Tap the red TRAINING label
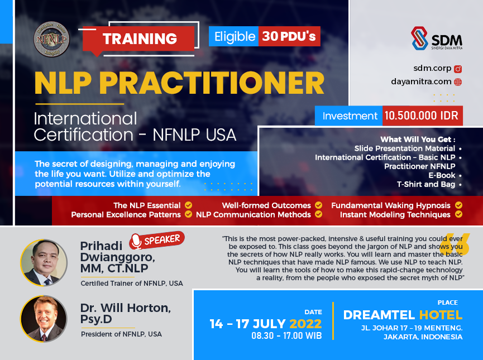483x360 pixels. point(140,39)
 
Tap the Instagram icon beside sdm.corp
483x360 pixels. point(457,69)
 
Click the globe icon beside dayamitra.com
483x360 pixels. point(457,82)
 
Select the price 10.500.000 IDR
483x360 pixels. point(422,116)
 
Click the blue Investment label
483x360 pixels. point(350,116)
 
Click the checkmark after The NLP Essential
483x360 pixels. point(189,205)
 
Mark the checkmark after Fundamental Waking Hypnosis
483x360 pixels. point(458,205)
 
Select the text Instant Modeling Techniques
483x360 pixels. point(395,214)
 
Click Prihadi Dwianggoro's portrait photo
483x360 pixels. point(44,262)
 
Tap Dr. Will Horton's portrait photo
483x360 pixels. point(44,319)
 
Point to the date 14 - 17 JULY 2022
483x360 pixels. point(266,324)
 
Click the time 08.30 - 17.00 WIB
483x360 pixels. point(286,337)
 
